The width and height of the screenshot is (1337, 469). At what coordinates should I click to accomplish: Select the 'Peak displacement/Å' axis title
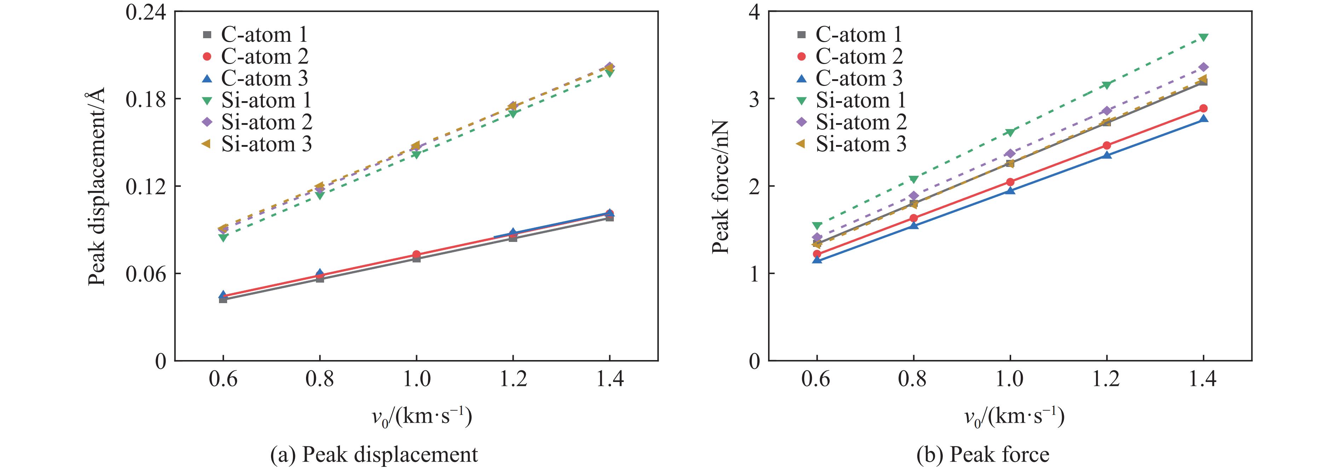click(x=97, y=186)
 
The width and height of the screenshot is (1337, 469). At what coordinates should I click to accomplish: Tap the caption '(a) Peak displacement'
click(x=374, y=454)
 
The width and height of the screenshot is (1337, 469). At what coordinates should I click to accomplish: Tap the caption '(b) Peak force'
click(x=982, y=454)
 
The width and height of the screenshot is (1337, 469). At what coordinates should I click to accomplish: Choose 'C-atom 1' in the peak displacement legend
click(x=264, y=35)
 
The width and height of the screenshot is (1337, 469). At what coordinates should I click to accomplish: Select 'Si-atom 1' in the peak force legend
click(x=860, y=100)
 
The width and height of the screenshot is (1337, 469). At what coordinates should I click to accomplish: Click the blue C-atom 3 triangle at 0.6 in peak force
click(x=817, y=259)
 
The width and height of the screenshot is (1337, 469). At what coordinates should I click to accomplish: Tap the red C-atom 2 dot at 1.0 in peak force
click(x=1010, y=181)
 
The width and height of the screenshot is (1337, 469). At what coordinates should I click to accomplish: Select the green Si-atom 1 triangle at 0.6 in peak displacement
click(x=223, y=238)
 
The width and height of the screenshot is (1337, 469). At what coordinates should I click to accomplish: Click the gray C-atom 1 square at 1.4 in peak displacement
click(x=609, y=218)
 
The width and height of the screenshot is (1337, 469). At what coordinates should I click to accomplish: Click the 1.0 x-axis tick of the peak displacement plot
click(x=416, y=379)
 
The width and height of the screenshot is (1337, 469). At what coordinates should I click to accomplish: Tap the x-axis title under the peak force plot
click(x=1014, y=417)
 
